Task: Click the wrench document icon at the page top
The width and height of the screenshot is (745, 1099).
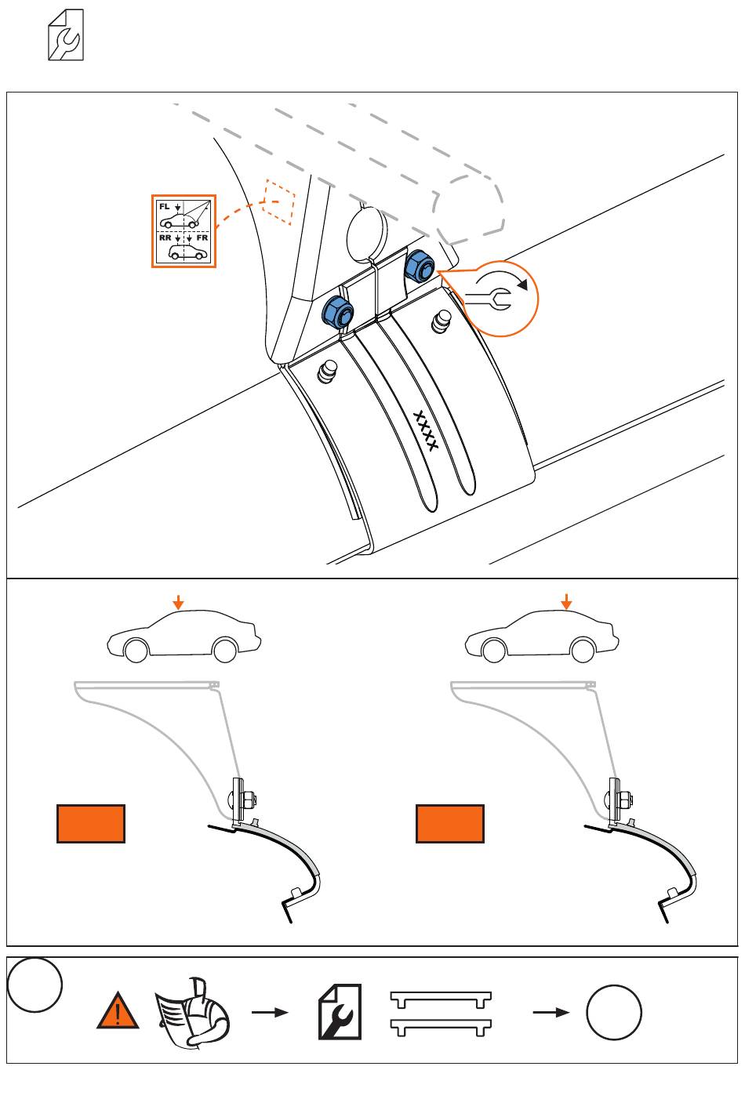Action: pos(66,34)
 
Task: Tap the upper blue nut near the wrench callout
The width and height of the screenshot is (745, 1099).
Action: pos(420,267)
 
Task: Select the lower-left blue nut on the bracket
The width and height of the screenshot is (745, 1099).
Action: pos(338,312)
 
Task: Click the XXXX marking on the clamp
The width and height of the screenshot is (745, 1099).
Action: pos(425,431)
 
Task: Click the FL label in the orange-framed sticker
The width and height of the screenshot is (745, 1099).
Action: pos(164,207)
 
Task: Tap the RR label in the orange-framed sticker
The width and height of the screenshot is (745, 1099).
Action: pos(165,238)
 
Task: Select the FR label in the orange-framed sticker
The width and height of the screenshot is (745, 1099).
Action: pos(202,238)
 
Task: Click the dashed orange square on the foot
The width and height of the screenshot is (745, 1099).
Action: pos(279,201)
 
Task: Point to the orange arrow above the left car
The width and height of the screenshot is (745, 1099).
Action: pos(179,602)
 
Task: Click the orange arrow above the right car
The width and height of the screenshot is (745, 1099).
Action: pos(566,602)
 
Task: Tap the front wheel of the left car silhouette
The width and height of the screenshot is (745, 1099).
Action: pos(136,650)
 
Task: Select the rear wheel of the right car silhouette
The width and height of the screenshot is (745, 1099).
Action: pos(583,650)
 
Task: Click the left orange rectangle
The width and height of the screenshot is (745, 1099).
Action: pos(91,824)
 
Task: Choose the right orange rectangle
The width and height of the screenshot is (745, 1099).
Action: pos(450,824)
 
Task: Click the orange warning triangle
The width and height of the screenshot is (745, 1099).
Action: pos(118,1010)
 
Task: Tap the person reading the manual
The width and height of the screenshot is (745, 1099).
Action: pos(193,1013)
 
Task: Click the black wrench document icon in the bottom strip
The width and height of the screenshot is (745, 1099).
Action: pos(340,1012)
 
